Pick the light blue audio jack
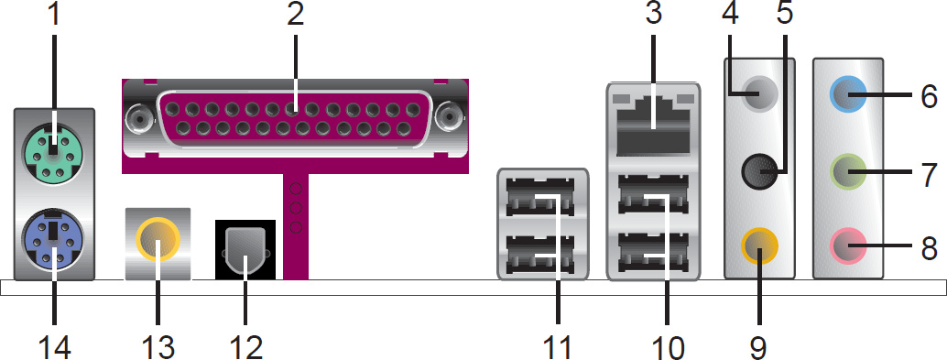pos(849,93)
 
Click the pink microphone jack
pos(849,245)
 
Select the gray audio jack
pos(758,93)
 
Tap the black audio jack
pos(758,171)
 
